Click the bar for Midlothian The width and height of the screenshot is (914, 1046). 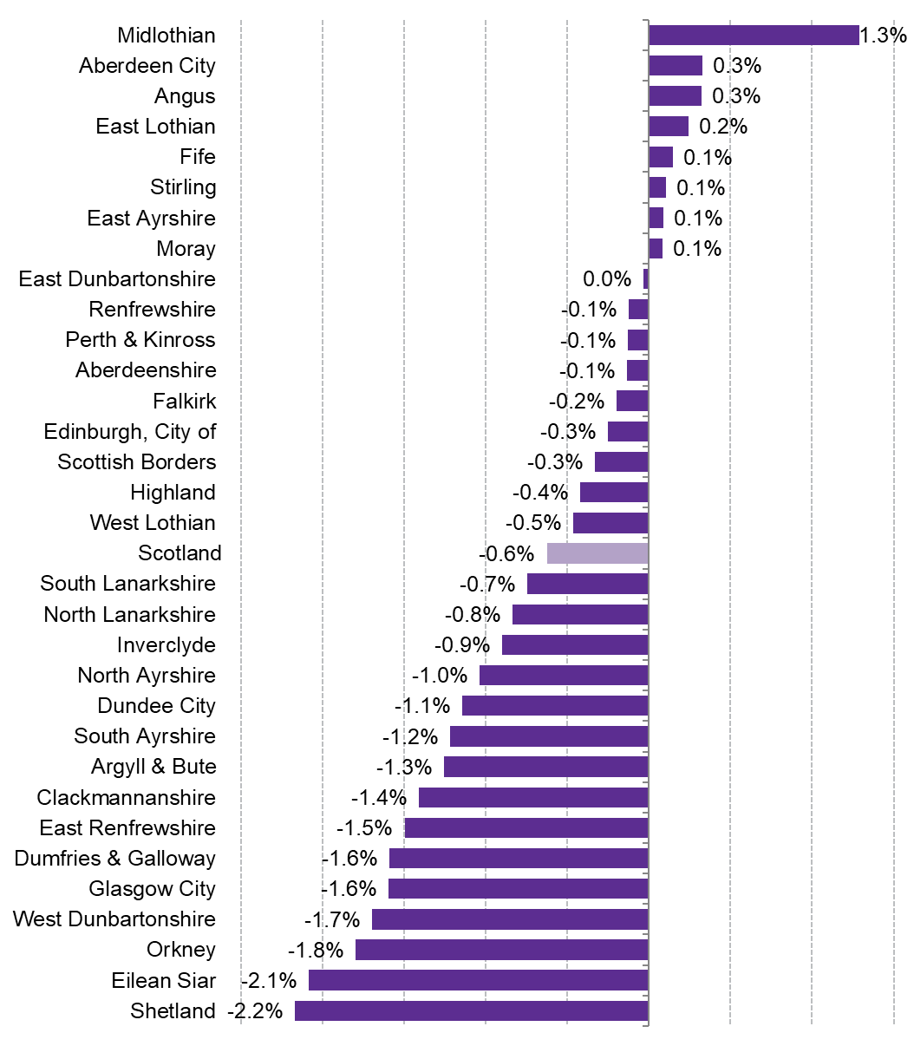pyautogui.click(x=753, y=35)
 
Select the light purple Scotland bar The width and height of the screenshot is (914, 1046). pyautogui.click(x=597, y=553)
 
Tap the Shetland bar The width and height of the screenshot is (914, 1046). pyautogui.click(x=471, y=1011)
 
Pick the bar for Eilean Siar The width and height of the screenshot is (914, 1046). pyautogui.click(x=478, y=981)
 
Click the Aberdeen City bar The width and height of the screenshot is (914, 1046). pyautogui.click(x=675, y=66)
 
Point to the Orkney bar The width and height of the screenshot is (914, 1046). pyautogui.click(x=501, y=950)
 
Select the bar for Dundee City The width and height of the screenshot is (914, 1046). pyautogui.click(x=555, y=706)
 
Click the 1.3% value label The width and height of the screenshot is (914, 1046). pyautogui.click(x=884, y=36)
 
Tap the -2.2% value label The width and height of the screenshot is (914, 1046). pyautogui.click(x=255, y=1011)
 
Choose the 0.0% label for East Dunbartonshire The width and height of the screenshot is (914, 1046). pyautogui.click(x=607, y=279)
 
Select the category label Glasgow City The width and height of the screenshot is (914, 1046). pyautogui.click(x=152, y=889)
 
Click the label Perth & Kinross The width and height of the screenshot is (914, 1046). pyautogui.click(x=140, y=340)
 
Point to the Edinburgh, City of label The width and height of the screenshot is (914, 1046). pyautogui.click(x=130, y=431)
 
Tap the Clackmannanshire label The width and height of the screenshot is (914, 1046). pyautogui.click(x=126, y=798)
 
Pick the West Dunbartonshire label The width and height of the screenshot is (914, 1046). pyautogui.click(x=114, y=919)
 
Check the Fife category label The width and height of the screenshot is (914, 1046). pyautogui.click(x=198, y=157)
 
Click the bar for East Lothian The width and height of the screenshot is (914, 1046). pyautogui.click(x=668, y=127)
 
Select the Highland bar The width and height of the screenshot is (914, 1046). pyautogui.click(x=613, y=493)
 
